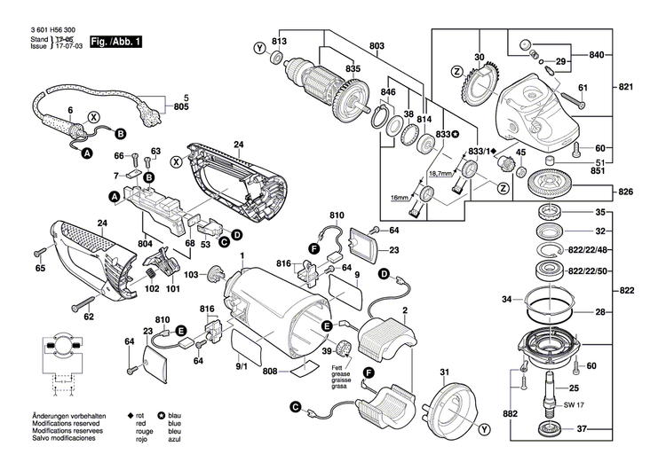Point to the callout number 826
[x=625, y=192]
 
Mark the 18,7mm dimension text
[x=441, y=174]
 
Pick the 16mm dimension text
[x=401, y=197]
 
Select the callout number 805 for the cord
[x=181, y=107]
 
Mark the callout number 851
[x=600, y=171]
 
